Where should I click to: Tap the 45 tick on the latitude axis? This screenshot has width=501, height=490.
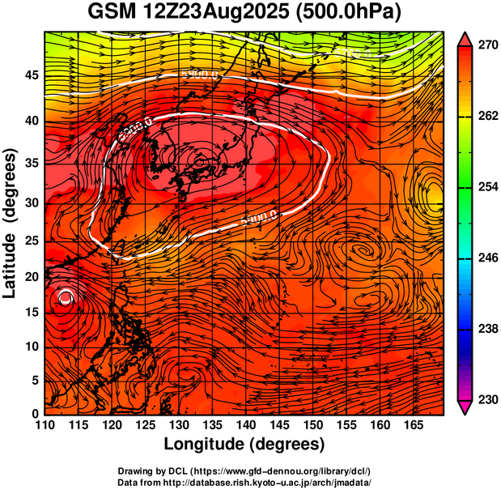(x=30, y=75)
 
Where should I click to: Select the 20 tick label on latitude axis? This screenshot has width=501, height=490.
(x=30, y=276)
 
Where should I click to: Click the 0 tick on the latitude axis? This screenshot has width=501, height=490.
(x=34, y=414)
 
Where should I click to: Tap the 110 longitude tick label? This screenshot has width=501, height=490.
(x=45, y=424)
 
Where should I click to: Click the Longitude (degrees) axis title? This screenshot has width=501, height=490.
(x=244, y=444)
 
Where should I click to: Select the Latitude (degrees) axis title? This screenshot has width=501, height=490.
(x=11, y=223)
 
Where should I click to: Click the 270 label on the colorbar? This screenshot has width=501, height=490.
(x=486, y=46)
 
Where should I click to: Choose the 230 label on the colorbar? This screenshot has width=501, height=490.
(x=486, y=399)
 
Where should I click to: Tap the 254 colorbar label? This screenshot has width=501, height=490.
(x=486, y=187)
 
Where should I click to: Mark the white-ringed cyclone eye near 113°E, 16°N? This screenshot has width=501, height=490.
(x=65, y=299)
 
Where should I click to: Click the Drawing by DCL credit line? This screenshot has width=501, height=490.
(x=244, y=471)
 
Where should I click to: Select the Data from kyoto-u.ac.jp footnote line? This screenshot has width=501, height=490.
(x=244, y=481)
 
